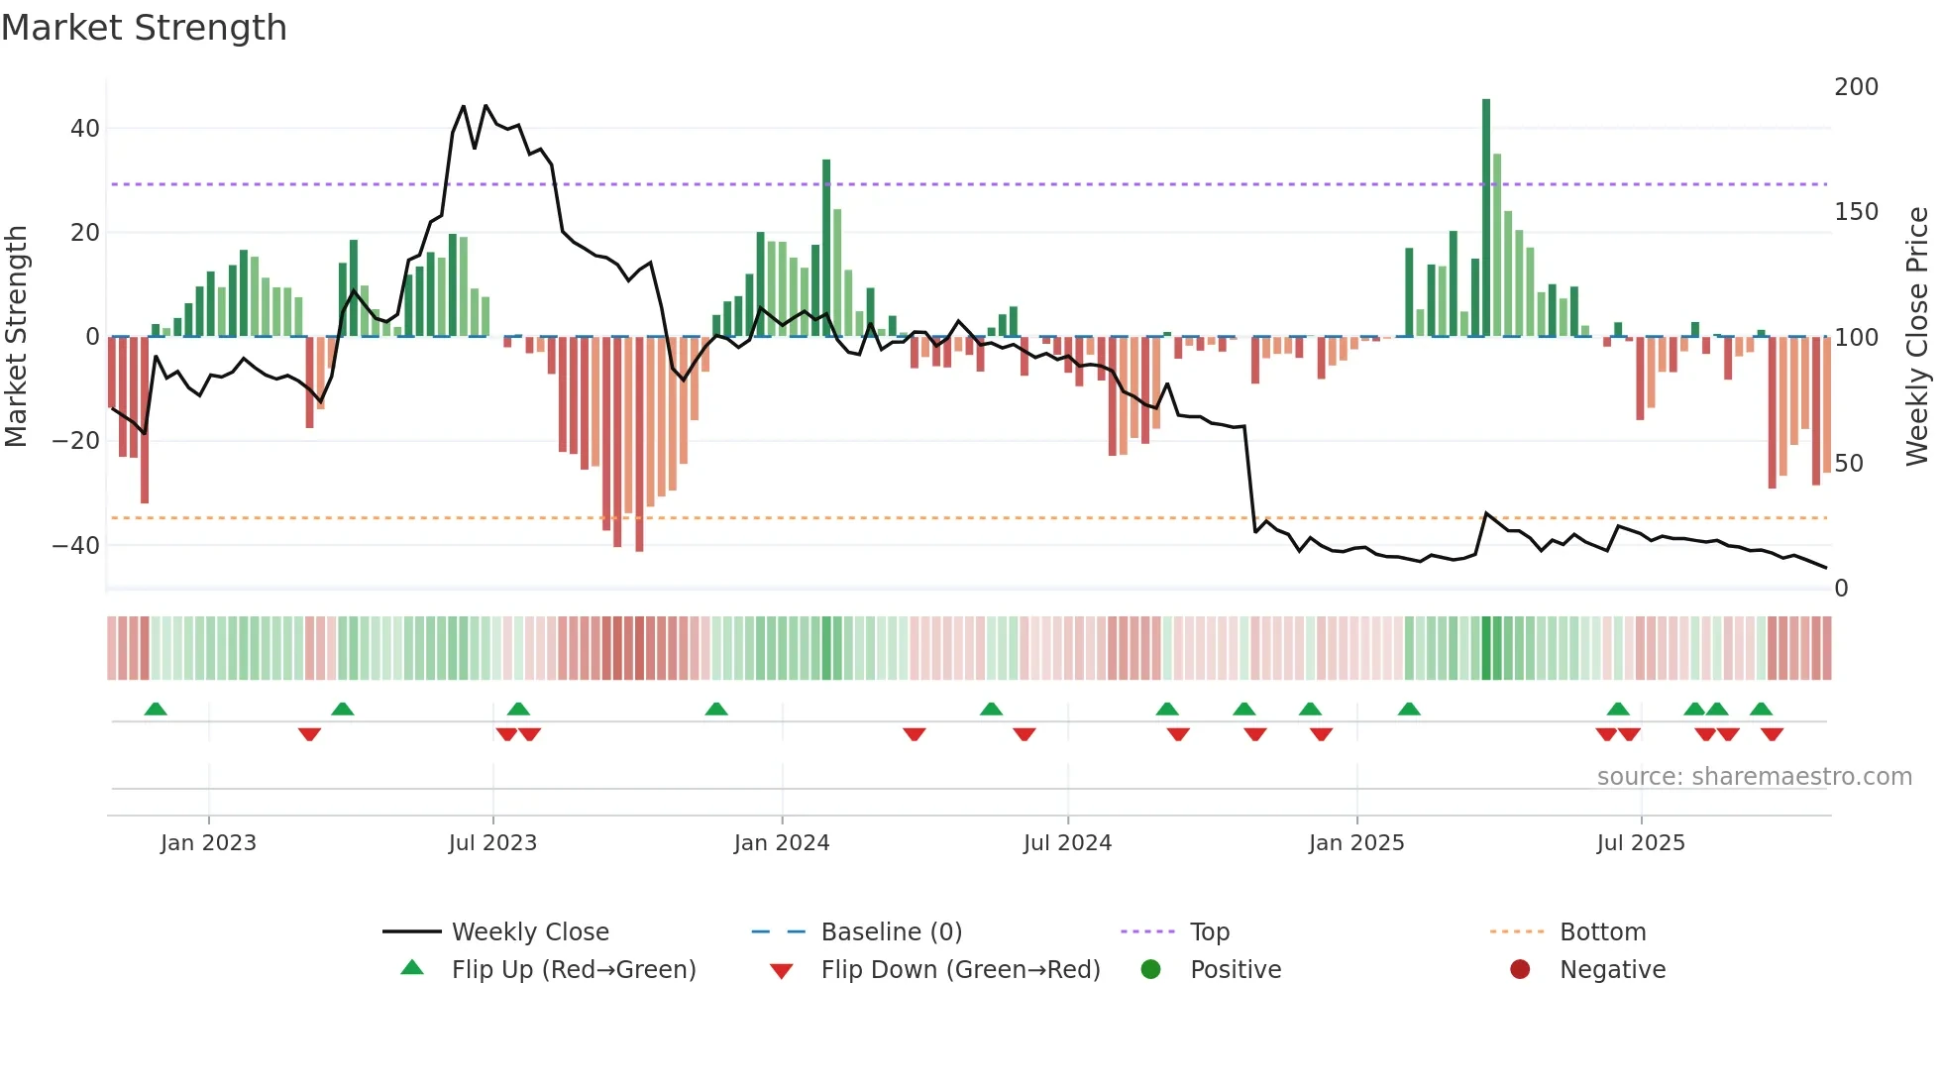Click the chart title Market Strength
(x=144, y=28)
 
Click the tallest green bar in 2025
(x=1486, y=218)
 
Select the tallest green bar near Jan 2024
(x=826, y=248)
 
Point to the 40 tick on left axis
(x=85, y=129)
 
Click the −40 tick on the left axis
(x=77, y=546)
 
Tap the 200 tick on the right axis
(x=1856, y=87)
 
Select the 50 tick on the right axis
(x=1848, y=464)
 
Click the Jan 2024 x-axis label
(x=782, y=843)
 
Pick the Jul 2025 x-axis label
(x=1641, y=843)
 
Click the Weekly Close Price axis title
(x=1917, y=337)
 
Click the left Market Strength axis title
(x=16, y=337)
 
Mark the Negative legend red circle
(x=1520, y=970)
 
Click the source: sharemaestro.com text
(x=1754, y=777)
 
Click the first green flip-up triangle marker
(x=156, y=709)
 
